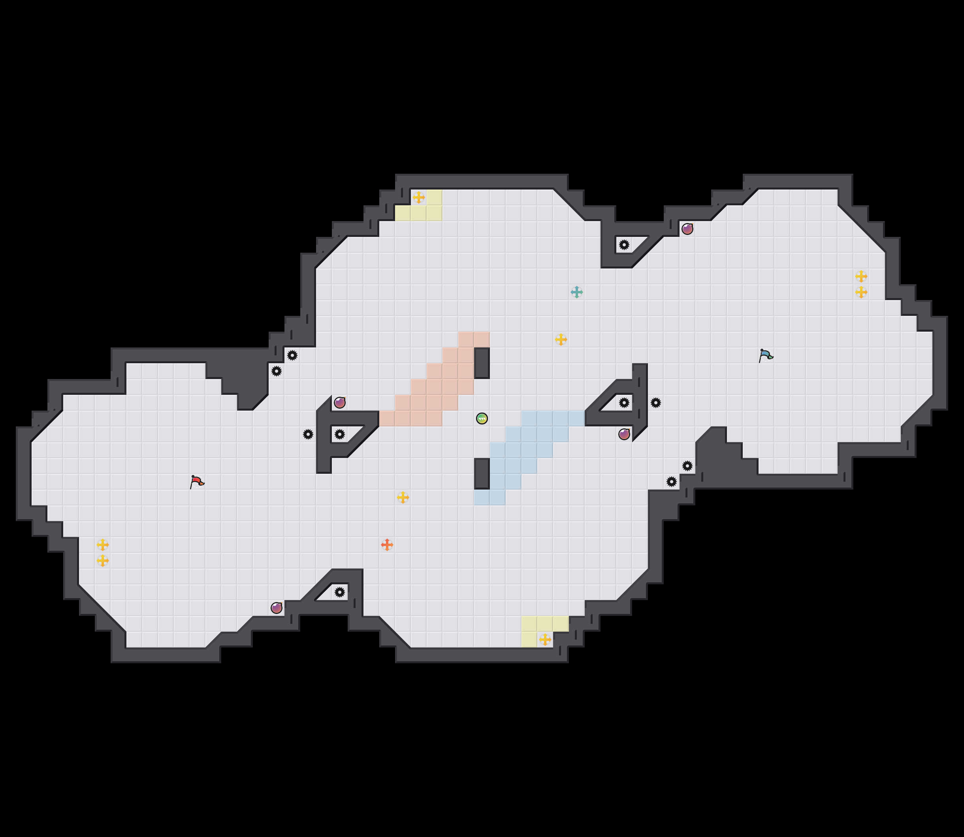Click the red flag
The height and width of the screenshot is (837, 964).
point(197,482)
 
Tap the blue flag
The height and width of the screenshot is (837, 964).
point(765,355)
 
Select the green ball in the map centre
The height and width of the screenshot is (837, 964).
point(482,418)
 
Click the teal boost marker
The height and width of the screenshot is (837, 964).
point(577,293)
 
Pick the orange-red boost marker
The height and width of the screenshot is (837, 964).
point(387,544)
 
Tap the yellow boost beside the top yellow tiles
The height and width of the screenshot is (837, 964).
point(419,197)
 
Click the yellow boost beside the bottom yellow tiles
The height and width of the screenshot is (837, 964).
point(545,640)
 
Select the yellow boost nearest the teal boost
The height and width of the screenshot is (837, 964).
point(561,340)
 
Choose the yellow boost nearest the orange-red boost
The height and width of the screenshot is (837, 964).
point(403,497)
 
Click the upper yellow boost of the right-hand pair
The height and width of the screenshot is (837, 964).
point(861,276)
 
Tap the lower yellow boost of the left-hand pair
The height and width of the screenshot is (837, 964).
point(103,561)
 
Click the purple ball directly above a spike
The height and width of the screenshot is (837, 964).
point(340,403)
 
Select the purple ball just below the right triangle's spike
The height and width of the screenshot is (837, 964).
point(624,434)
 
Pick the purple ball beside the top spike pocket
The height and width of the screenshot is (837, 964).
point(687,229)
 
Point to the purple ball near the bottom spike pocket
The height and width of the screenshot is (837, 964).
point(277,608)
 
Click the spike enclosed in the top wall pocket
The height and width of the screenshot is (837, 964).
point(624,245)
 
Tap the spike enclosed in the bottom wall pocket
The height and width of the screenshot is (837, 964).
point(340,592)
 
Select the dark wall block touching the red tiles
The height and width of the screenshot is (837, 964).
point(482,363)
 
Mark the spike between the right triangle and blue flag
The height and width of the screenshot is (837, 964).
point(655,403)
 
